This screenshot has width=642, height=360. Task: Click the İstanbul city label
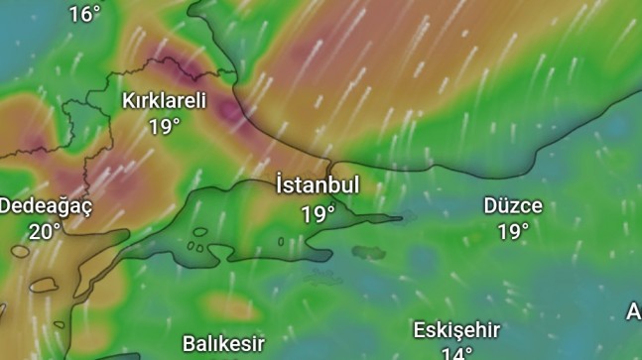(318, 185)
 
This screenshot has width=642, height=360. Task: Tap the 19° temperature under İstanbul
(318, 213)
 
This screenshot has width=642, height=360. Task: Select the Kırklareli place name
(164, 100)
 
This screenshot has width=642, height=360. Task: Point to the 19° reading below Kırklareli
(165, 126)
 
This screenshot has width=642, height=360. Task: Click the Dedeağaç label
(46, 206)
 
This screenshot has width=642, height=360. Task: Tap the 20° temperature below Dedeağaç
(44, 231)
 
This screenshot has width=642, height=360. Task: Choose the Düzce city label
(513, 206)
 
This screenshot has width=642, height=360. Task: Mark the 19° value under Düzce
(513, 232)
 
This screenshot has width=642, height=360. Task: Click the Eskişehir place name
(456, 330)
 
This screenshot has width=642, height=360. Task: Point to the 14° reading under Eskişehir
(456, 353)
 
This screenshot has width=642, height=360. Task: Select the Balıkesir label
(223, 344)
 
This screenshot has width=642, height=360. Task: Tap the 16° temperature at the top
(84, 13)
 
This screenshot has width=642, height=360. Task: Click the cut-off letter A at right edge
(634, 311)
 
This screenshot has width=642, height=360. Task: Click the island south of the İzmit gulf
(369, 252)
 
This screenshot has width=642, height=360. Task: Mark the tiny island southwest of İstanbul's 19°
(281, 241)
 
